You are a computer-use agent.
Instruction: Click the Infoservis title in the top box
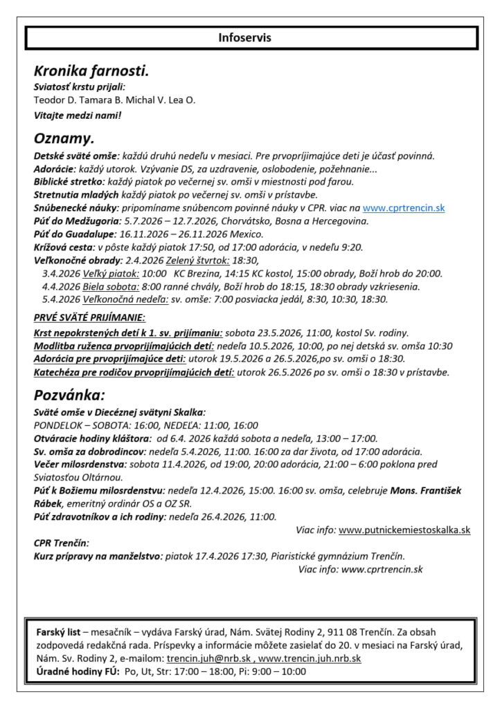coord(244,37)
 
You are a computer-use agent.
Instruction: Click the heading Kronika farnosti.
coord(91,71)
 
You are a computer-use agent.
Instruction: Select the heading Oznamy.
coord(64,138)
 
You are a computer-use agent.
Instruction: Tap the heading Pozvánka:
coord(69,396)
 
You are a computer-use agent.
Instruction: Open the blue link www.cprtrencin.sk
coord(404,208)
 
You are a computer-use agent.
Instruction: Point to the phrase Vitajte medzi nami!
coord(78,115)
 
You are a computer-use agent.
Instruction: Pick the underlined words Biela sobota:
coord(111,286)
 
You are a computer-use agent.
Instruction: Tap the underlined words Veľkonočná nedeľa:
coord(127,299)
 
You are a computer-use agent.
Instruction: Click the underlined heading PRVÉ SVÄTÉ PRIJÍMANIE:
coord(89,318)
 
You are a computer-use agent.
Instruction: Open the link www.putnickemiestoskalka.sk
coord(404,530)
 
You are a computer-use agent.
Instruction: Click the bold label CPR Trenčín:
coord(62,543)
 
